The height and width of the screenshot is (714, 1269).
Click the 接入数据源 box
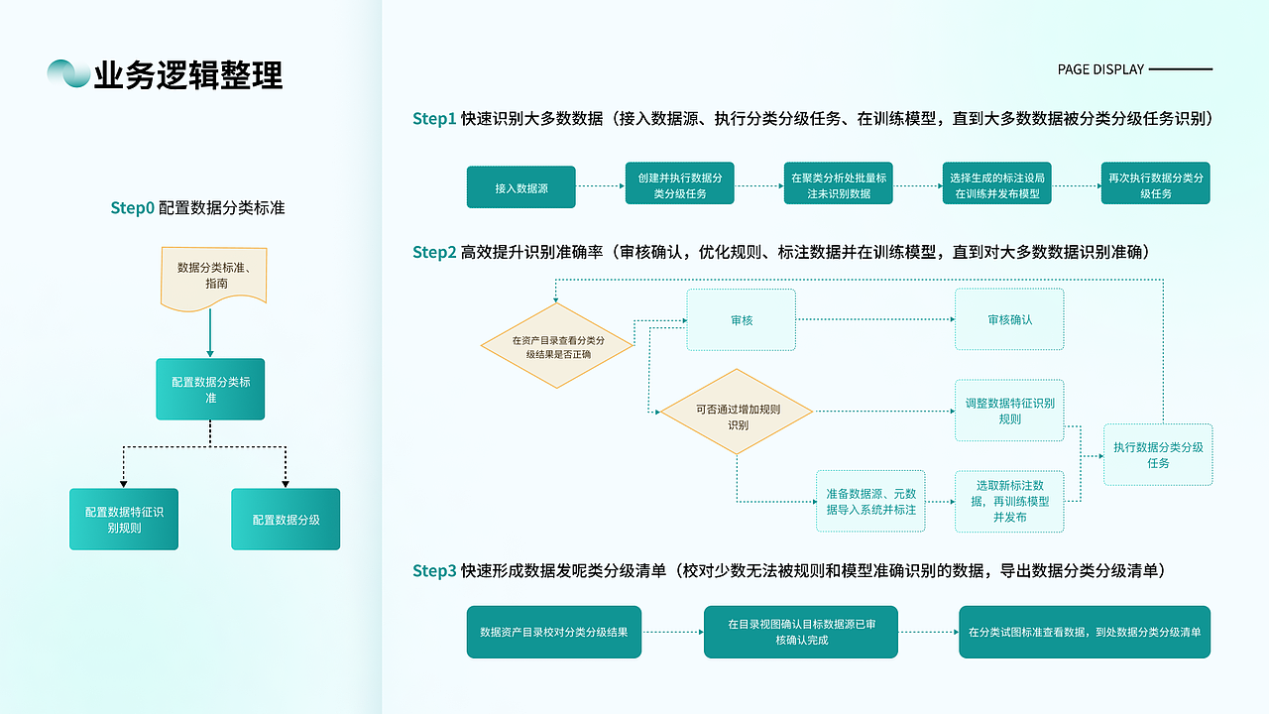click(x=520, y=187)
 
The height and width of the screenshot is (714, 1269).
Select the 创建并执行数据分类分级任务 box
click(x=679, y=184)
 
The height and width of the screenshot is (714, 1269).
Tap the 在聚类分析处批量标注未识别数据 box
click(x=838, y=184)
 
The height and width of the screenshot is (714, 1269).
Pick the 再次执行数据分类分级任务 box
click(x=1155, y=184)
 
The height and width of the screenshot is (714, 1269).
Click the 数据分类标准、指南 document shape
click(x=212, y=276)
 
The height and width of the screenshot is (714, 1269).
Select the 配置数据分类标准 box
click(x=210, y=389)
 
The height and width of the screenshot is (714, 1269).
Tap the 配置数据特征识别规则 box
click(x=124, y=519)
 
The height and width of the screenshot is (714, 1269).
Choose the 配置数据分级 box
click(x=286, y=519)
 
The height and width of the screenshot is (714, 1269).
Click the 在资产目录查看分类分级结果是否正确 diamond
click(x=557, y=346)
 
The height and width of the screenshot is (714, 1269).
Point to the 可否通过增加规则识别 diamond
click(x=737, y=412)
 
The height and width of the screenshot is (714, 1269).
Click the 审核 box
click(x=742, y=319)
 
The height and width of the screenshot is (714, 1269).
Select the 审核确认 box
click(x=1009, y=319)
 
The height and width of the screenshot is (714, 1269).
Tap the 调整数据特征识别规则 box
click(x=1009, y=411)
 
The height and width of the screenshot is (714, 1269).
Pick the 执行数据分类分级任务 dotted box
click(x=1158, y=454)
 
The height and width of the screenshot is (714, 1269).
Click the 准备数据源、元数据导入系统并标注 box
click(x=870, y=501)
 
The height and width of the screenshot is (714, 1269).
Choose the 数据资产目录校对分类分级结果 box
click(x=554, y=632)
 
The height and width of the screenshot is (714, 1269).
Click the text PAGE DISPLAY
click(x=1100, y=69)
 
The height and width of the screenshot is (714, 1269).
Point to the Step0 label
click(x=133, y=208)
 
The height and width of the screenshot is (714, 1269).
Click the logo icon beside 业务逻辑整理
click(x=67, y=73)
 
